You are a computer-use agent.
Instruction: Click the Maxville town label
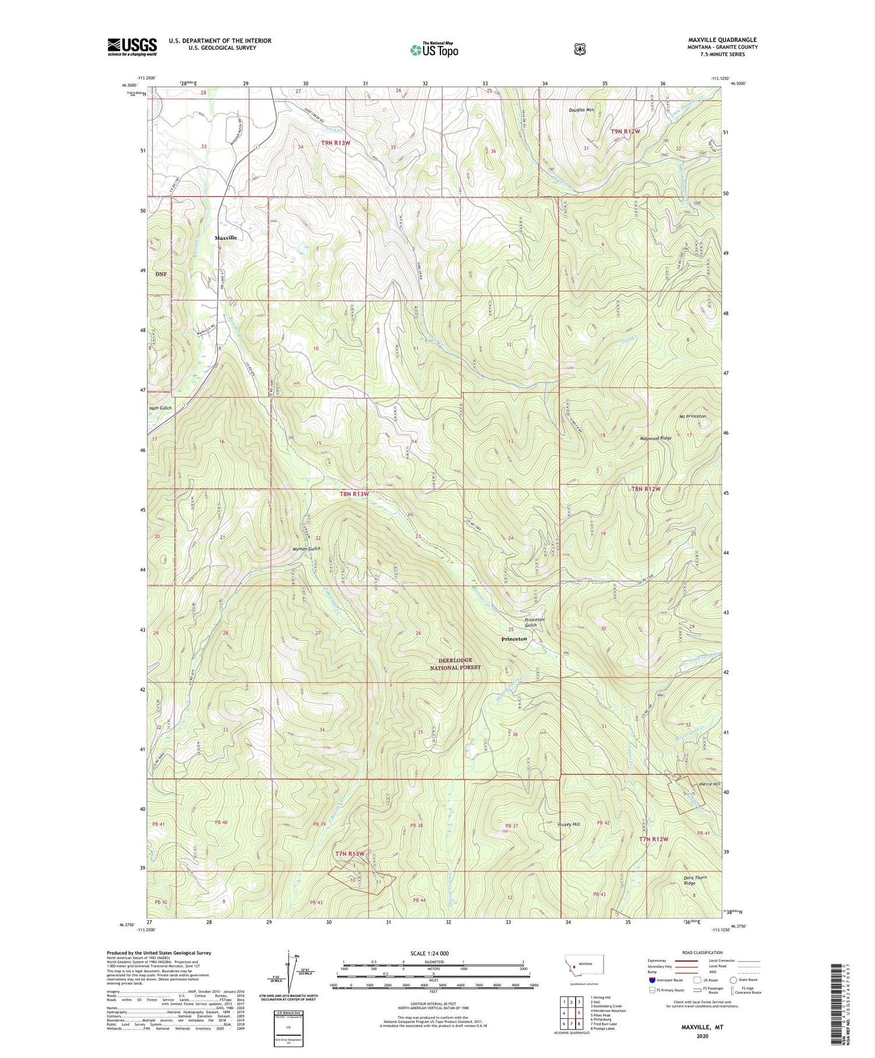point(226,238)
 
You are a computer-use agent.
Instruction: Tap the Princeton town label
point(514,639)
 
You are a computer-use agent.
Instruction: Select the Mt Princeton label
point(692,416)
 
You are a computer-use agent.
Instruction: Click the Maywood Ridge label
point(656,438)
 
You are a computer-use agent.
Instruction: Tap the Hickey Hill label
point(568,825)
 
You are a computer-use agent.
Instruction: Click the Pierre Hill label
point(709,784)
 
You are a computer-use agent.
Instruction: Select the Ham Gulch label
point(160,408)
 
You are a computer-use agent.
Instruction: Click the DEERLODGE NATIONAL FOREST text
point(456,664)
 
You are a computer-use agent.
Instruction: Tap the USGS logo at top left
point(132,47)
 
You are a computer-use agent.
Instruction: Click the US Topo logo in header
point(434,50)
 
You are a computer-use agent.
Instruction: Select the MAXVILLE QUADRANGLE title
point(722,40)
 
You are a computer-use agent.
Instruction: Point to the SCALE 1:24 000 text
point(433,953)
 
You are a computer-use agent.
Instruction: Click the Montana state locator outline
point(584,963)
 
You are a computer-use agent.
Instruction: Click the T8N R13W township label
point(354,494)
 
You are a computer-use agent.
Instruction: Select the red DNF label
point(161,274)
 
